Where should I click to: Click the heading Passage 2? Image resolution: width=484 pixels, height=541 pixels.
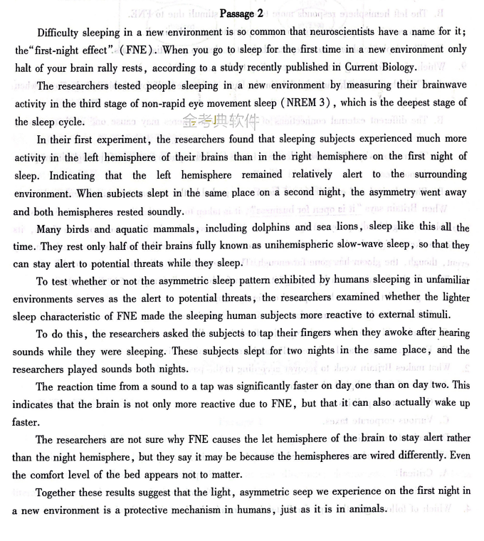(242, 14)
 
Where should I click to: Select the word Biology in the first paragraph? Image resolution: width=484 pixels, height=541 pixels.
(395, 67)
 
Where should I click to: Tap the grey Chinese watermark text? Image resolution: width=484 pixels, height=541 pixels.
(211, 121)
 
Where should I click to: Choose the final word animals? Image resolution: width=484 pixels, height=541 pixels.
(365, 510)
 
